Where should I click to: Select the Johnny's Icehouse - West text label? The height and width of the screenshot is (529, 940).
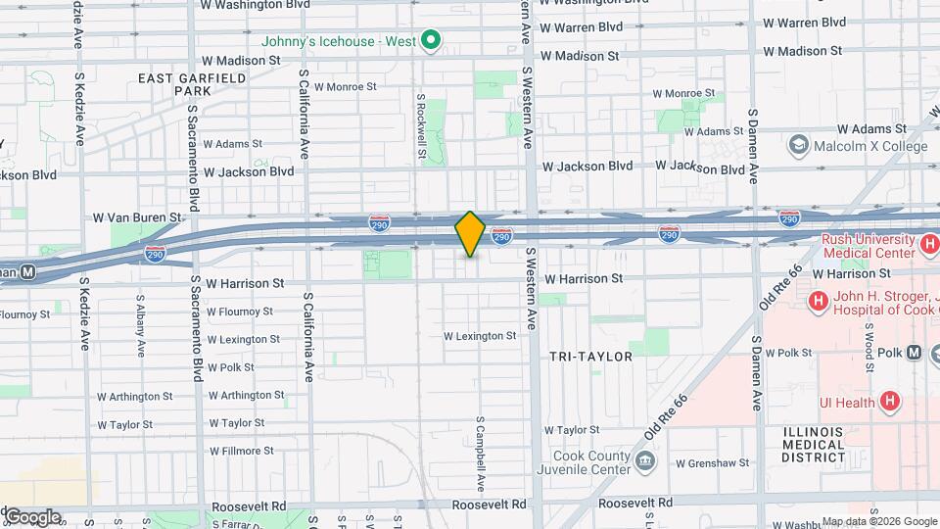(x=339, y=41)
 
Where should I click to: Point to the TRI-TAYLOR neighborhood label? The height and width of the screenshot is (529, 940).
(x=590, y=357)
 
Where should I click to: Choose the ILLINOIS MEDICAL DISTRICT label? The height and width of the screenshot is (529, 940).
(x=814, y=444)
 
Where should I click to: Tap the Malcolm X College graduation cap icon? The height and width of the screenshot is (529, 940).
(x=797, y=147)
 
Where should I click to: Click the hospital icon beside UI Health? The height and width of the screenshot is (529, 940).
(x=889, y=402)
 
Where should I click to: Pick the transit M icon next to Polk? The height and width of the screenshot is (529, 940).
(x=915, y=352)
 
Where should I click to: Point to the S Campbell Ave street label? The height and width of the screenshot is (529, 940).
(x=481, y=456)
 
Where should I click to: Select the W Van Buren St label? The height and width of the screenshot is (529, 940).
(x=138, y=217)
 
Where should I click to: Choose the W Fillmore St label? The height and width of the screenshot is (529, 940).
(x=241, y=451)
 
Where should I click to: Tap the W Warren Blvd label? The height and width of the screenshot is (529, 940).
(x=804, y=23)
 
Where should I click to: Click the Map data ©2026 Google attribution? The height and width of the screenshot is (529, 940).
(x=879, y=521)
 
